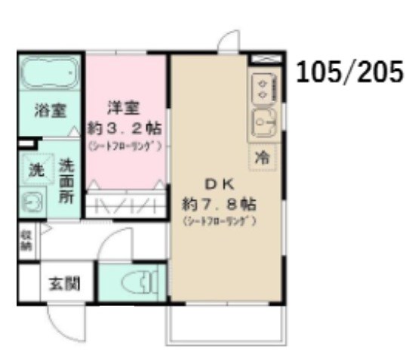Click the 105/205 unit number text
349,74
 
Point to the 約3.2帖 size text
125,128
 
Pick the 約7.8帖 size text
220,205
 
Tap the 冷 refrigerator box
262,158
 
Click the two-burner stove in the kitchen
262,90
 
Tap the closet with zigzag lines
125,206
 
